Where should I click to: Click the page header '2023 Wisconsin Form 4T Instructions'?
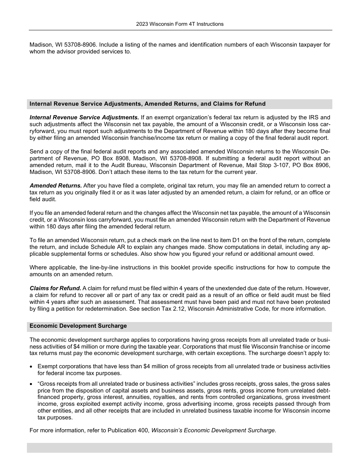(x=180, y=24)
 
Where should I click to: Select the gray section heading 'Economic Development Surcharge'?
(x=78, y=326)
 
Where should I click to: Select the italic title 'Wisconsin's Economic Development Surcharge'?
(x=213, y=430)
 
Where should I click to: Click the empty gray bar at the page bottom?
(x=180, y=447)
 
